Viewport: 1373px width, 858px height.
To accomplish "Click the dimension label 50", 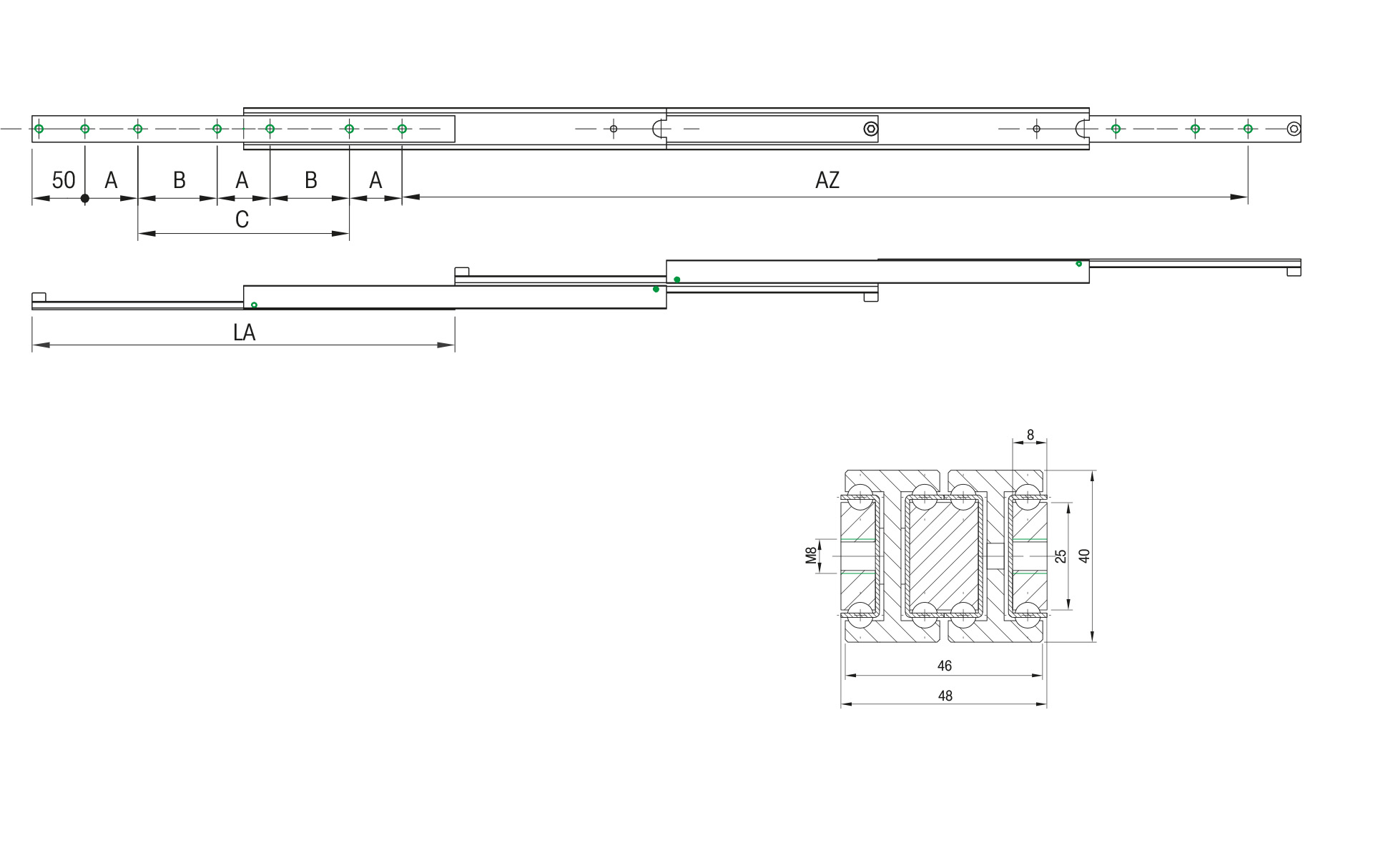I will (x=63, y=180).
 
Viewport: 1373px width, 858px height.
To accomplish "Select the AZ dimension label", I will (x=827, y=180).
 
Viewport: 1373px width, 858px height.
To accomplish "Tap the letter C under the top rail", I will (x=242, y=220).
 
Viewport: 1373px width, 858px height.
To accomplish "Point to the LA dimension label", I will (x=244, y=332).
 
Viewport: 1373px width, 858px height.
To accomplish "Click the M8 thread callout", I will (x=811, y=556).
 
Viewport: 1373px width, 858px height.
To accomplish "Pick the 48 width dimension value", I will (x=945, y=696).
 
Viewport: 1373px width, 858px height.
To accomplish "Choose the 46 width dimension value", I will (x=944, y=666).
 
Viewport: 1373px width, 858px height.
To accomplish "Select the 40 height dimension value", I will (x=1084, y=556).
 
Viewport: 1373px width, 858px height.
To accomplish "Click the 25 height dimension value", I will (x=1060, y=556).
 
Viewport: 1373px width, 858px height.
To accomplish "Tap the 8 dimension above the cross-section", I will (x=1030, y=435).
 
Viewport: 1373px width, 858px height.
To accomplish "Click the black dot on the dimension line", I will (x=85, y=198).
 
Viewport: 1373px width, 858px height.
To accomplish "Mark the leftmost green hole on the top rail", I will (x=39, y=129).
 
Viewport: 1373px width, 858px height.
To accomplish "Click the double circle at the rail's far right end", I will (x=1293, y=129).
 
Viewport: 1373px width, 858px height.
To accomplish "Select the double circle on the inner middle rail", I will (x=870, y=129).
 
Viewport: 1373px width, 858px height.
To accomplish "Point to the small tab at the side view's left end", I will (x=39, y=297).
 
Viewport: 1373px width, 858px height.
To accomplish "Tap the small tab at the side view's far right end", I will (x=1294, y=272).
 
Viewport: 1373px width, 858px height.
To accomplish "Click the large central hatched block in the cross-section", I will (x=943, y=556).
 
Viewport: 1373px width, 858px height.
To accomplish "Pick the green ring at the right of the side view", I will (x=1078, y=264).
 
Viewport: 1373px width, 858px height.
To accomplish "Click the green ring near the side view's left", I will (x=254, y=305).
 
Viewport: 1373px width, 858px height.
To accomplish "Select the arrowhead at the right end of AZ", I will (x=1239, y=197).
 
